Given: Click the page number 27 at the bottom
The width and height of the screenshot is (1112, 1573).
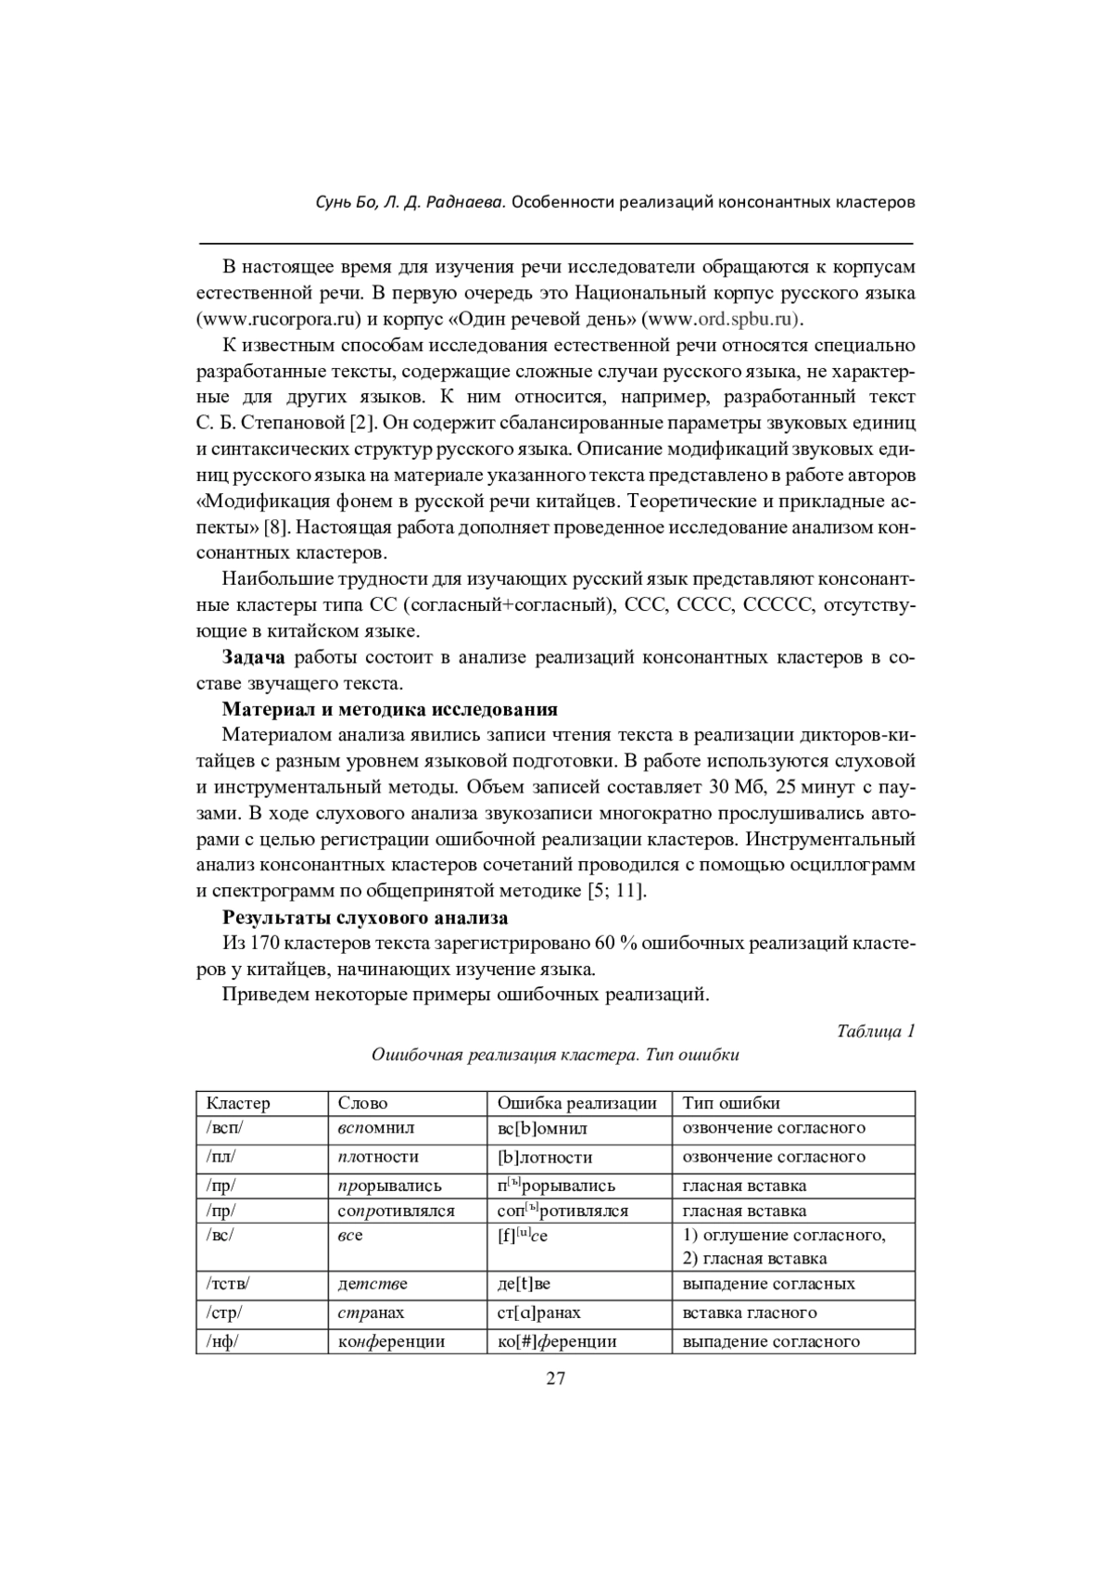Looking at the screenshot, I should (555, 1377).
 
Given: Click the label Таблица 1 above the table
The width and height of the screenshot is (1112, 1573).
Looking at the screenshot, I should (876, 1031).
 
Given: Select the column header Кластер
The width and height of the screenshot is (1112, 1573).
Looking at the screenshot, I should (238, 1103).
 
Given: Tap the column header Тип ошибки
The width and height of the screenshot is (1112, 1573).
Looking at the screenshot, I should (731, 1103).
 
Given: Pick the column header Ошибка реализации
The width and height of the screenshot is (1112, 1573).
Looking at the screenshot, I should (576, 1103).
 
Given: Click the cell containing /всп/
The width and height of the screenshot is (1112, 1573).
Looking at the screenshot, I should (225, 1128).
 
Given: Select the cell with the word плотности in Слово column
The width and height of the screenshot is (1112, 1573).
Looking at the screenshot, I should (378, 1157).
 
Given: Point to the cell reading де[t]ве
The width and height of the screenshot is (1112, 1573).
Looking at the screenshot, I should (524, 1284).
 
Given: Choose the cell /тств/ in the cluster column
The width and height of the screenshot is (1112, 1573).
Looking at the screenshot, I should (229, 1284).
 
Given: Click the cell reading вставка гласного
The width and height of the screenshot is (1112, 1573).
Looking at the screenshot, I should (750, 1313).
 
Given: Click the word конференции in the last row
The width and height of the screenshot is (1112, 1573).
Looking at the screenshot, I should (391, 1341).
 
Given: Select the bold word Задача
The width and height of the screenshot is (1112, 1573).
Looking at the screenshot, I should (253, 658).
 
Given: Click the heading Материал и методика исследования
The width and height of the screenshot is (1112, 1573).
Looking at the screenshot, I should (390, 710).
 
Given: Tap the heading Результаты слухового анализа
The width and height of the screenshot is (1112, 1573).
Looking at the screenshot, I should (365, 919).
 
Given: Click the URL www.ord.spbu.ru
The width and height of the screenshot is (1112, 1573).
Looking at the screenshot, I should (720, 320).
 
